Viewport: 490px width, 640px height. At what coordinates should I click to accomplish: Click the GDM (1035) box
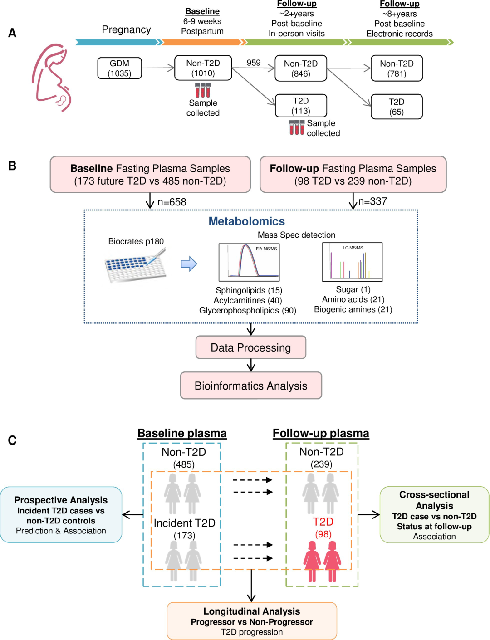point(119,68)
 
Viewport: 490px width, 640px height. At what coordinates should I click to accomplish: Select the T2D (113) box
point(301,106)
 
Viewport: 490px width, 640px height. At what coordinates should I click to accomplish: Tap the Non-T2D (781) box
point(397,68)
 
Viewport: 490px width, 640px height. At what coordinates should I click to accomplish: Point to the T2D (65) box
point(397,107)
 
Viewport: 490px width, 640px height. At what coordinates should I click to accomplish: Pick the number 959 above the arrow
point(254,63)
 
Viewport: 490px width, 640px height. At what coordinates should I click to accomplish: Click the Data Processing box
point(251,347)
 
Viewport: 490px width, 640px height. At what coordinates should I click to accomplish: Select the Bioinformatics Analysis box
point(251,386)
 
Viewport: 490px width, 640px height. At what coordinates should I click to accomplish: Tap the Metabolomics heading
point(247,221)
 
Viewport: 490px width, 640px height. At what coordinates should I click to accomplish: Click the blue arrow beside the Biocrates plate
point(189,264)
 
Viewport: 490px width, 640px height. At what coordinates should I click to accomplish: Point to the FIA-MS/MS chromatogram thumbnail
point(249,262)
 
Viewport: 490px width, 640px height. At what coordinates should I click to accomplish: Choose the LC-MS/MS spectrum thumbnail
point(353,262)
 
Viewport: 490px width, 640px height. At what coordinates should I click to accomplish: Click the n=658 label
point(172,202)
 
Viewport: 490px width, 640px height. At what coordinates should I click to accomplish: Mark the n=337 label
point(372,201)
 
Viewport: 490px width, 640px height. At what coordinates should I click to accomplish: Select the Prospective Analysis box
point(61,515)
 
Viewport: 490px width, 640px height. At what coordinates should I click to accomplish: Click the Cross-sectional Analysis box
point(434,515)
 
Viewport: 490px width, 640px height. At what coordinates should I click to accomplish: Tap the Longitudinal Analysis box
point(252,621)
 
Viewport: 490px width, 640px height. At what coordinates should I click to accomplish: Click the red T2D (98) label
point(323,528)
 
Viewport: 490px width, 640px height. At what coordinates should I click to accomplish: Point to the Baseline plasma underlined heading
point(182,434)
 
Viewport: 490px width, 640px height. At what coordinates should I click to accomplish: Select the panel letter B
point(12,166)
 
